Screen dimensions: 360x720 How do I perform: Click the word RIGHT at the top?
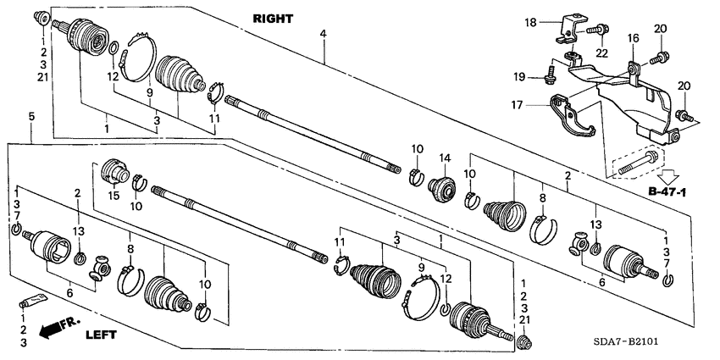272,17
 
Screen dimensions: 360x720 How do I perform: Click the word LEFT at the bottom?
105,335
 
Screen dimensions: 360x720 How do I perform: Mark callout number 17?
528,105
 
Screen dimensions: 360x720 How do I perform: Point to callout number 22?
602,53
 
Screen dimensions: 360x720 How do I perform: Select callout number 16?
632,38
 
